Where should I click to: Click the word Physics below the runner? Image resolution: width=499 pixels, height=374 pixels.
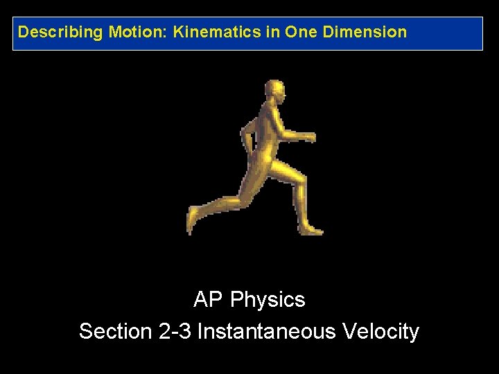(x=268, y=300)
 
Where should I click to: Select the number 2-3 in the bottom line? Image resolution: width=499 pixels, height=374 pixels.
(x=175, y=331)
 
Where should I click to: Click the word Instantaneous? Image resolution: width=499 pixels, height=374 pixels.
(x=269, y=331)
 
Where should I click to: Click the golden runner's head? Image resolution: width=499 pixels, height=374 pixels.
(x=274, y=91)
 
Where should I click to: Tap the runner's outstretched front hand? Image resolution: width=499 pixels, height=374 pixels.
(x=309, y=136)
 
